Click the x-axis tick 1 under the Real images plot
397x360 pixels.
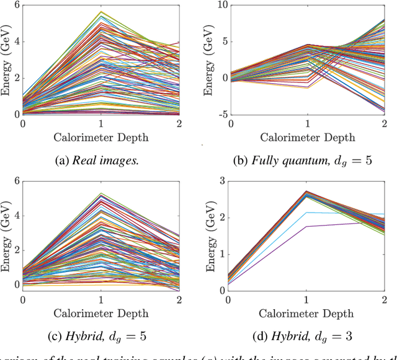101,123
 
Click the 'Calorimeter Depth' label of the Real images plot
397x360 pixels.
101,137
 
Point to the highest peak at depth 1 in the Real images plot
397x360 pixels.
101,12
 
